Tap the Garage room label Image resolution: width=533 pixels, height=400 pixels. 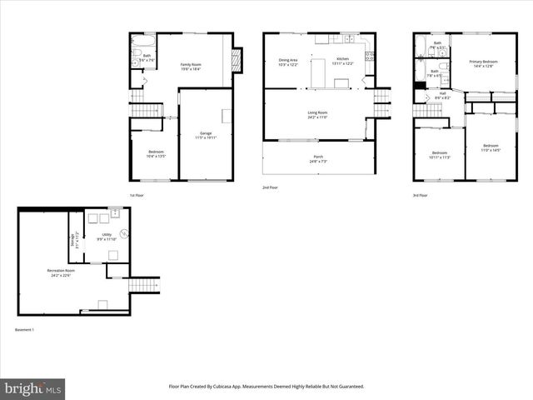tap(206, 135)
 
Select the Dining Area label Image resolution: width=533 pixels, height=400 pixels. tap(288, 61)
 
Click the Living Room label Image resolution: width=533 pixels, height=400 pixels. tap(317, 114)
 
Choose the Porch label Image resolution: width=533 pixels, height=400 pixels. tap(317, 158)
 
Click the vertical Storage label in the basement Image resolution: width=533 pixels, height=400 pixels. tap(74, 239)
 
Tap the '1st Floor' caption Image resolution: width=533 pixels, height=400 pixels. tap(137, 195)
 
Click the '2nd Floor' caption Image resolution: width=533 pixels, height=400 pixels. tap(271, 187)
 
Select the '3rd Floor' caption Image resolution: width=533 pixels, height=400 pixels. tap(421, 195)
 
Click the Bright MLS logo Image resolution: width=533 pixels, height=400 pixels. tap(33, 388)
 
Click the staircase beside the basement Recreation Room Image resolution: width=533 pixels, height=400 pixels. tap(143, 286)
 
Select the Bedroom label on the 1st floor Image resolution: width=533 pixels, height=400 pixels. tap(157, 130)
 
